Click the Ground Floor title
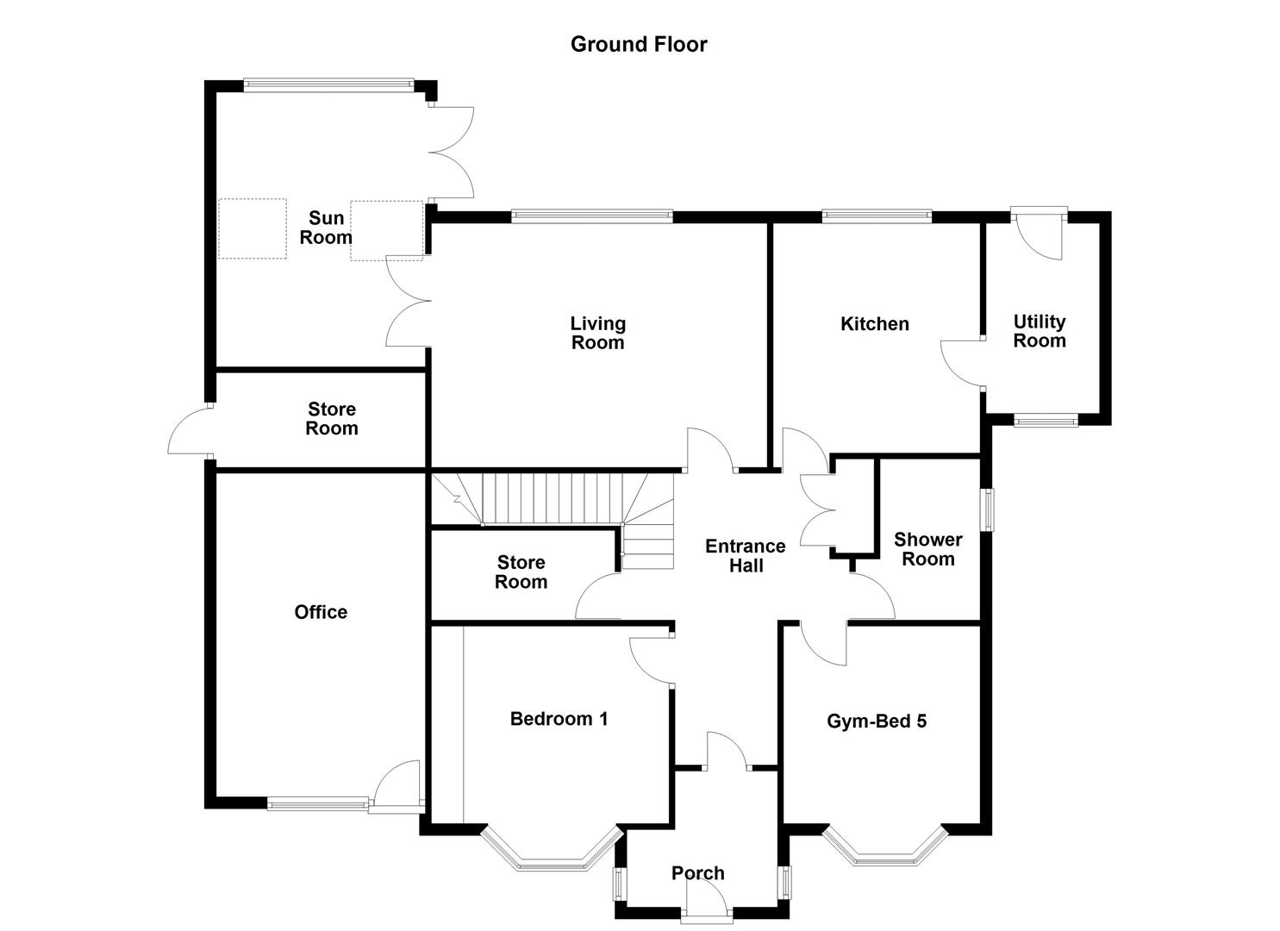(639, 45)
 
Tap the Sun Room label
(326, 228)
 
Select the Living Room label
(597, 334)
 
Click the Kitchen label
(874, 324)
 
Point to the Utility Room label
(1039, 331)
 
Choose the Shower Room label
(927, 549)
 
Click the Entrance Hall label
(745, 556)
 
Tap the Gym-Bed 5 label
(877, 722)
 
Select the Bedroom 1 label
(559, 719)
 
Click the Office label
(321, 612)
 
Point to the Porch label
(697, 873)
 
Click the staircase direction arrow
(453, 495)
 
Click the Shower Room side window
(990, 510)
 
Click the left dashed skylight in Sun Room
(252, 228)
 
